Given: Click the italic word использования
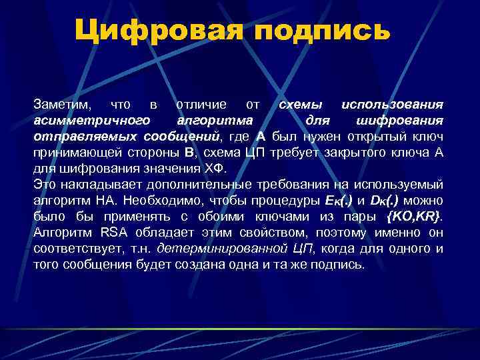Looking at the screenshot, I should click(x=391, y=105).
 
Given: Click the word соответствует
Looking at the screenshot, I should click(x=73, y=248).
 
